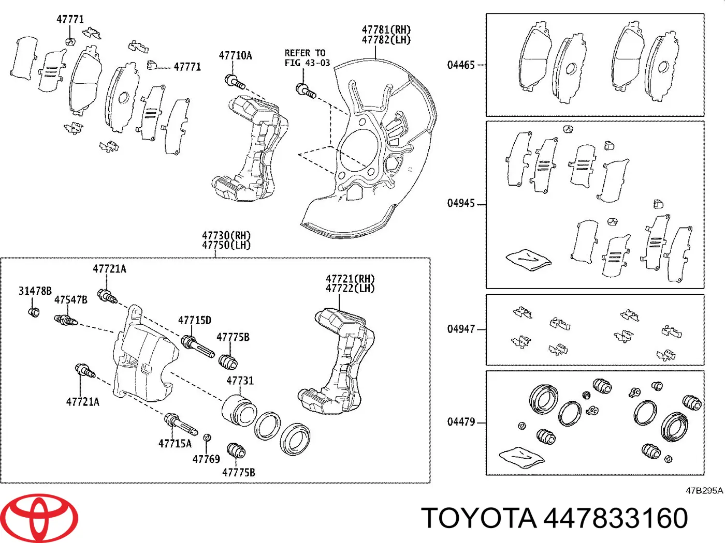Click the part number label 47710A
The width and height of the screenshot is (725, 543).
(235, 55)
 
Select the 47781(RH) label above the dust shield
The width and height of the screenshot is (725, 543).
(386, 30)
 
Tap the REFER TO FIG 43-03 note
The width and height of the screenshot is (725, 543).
(307, 58)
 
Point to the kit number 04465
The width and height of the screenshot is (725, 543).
(461, 65)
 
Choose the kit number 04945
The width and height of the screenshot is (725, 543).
(461, 203)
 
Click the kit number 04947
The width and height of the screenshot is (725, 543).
(461, 329)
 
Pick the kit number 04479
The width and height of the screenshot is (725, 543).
(461, 422)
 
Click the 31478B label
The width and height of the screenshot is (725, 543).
(35, 291)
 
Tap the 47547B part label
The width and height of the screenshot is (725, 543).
(70, 300)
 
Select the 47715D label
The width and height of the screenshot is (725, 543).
(195, 320)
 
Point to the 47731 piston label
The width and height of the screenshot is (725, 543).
(240, 381)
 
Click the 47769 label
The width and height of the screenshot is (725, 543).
(206, 459)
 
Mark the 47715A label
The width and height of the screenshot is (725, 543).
(175, 444)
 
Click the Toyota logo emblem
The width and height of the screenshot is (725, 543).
(39, 518)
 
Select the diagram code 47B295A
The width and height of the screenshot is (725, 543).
(704, 491)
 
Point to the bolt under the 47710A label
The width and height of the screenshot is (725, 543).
(235, 82)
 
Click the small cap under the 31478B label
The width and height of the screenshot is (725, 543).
(34, 312)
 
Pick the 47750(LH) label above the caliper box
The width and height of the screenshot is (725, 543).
(226, 245)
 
